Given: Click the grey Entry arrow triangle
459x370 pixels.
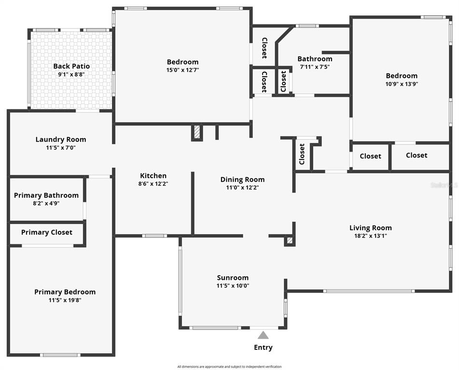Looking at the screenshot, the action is (x=263, y=335).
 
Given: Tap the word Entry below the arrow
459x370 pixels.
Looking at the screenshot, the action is (x=263, y=347).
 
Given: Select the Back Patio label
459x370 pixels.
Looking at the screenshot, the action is (x=71, y=66).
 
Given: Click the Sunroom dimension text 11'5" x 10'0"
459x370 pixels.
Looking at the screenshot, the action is (x=233, y=286).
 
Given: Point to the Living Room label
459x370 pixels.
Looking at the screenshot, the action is (x=371, y=228).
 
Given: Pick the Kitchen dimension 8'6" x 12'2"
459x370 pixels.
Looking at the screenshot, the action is (x=153, y=184).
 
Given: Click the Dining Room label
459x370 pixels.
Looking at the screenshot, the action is (x=242, y=180).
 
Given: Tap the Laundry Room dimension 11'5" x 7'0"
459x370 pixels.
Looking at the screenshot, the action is (x=61, y=148).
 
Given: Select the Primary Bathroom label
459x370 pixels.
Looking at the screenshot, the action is (x=46, y=195).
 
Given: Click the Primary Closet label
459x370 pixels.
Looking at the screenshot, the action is (x=47, y=232).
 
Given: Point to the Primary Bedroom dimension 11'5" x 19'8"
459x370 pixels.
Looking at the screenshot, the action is (x=65, y=300).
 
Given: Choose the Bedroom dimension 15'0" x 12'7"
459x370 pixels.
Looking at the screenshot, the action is (x=182, y=70).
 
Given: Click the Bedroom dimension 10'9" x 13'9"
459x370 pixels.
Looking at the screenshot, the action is (x=402, y=84).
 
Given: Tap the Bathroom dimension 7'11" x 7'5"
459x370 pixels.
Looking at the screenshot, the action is (x=315, y=66).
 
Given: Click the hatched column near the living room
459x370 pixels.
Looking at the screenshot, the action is (x=289, y=240).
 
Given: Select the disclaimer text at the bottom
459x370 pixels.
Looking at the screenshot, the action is (x=230, y=367).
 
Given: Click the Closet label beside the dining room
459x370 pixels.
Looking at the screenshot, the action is (x=302, y=154).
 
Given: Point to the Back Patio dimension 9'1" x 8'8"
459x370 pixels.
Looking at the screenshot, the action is (x=71, y=74).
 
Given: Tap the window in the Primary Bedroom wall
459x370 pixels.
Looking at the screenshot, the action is (x=60, y=355).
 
